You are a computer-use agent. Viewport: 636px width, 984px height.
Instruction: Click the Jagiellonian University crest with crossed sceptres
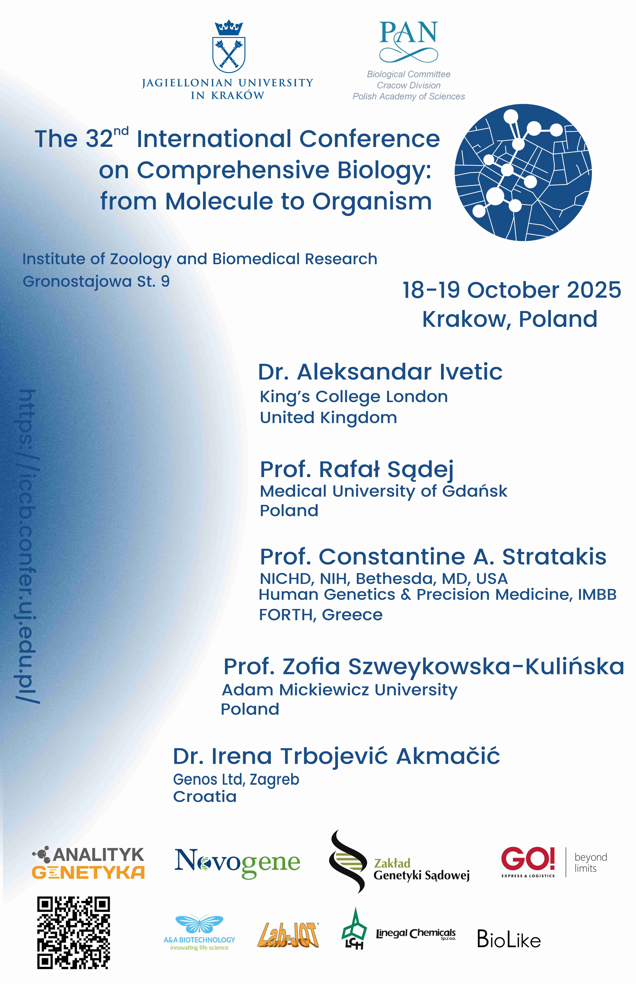[x=229, y=46]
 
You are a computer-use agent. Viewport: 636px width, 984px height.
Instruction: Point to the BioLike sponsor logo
[x=509, y=939]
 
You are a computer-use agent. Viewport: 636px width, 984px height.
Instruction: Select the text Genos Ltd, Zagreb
[x=236, y=780]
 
